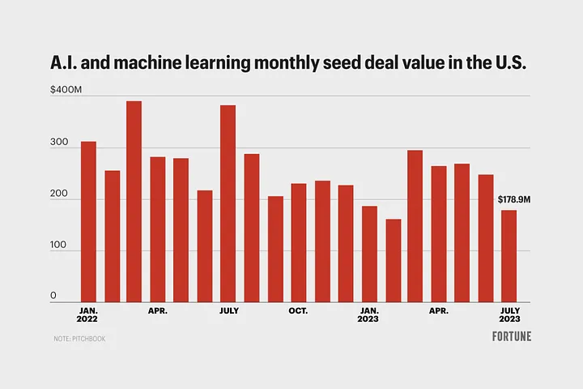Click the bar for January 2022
pos(88,221)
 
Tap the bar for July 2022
pos(228,203)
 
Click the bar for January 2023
pos(369,254)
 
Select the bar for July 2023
pos(509,256)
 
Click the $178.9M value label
pos(514,199)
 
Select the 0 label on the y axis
pos(53,296)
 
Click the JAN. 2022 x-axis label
pos(88,314)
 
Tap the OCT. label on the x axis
pos(298,310)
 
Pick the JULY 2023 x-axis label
pos(509,314)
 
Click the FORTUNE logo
pos(512,336)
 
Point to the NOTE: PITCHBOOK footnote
pos(79,338)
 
